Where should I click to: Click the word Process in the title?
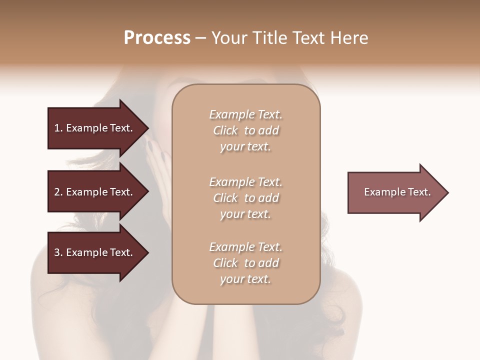pyautogui.click(x=157, y=38)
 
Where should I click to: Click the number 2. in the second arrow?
pyautogui.click(x=58, y=192)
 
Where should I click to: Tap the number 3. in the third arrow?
pyautogui.click(x=58, y=252)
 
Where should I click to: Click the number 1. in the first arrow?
pyautogui.click(x=58, y=128)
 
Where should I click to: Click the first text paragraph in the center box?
pyautogui.click(x=245, y=130)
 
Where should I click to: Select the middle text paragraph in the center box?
pyautogui.click(x=245, y=198)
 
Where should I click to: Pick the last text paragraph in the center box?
pyautogui.click(x=245, y=263)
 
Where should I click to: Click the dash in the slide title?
pyautogui.click(x=200, y=38)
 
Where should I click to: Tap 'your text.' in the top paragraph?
pyautogui.click(x=245, y=147)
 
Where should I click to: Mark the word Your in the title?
pyautogui.click(x=229, y=38)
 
